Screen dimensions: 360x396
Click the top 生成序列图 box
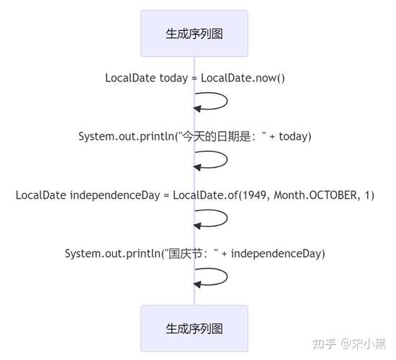194,33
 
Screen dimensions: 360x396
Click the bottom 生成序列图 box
194,328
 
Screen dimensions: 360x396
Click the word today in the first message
174,78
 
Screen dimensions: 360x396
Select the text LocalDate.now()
243,78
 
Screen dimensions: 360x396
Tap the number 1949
251,194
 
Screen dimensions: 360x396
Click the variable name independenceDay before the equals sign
114,194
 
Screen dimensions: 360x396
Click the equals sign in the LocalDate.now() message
194,78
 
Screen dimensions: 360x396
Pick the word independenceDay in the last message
278,253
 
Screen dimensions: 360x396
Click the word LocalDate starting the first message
130,78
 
